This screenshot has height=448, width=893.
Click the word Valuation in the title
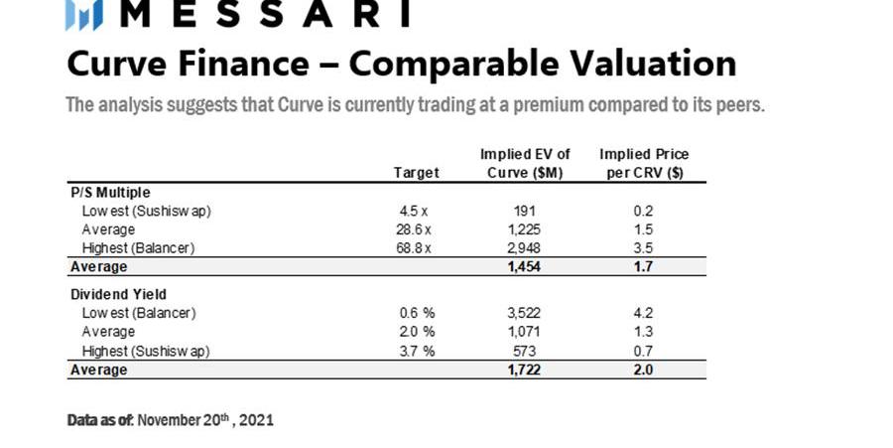pyautogui.click(x=642, y=63)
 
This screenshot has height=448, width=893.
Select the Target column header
pyautogui.click(x=416, y=173)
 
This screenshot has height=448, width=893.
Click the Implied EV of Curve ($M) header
pyautogui.click(x=525, y=163)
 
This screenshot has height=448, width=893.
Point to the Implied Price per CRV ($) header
pyautogui.click(x=644, y=163)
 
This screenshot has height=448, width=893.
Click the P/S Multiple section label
pyautogui.click(x=103, y=192)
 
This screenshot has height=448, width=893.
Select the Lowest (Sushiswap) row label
pyautogui.click(x=147, y=211)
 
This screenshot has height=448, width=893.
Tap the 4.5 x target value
pyautogui.click(x=414, y=211)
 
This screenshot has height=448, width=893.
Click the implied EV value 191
pyautogui.click(x=525, y=211)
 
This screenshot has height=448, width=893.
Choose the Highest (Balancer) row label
pyautogui.click(x=139, y=248)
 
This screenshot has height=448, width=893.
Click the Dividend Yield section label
pyautogui.click(x=104, y=294)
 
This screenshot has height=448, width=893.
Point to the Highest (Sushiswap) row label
pyautogui.click(x=147, y=351)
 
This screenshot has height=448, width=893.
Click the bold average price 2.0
pyautogui.click(x=644, y=370)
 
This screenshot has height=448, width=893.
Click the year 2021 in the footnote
pyautogui.click(x=256, y=420)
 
